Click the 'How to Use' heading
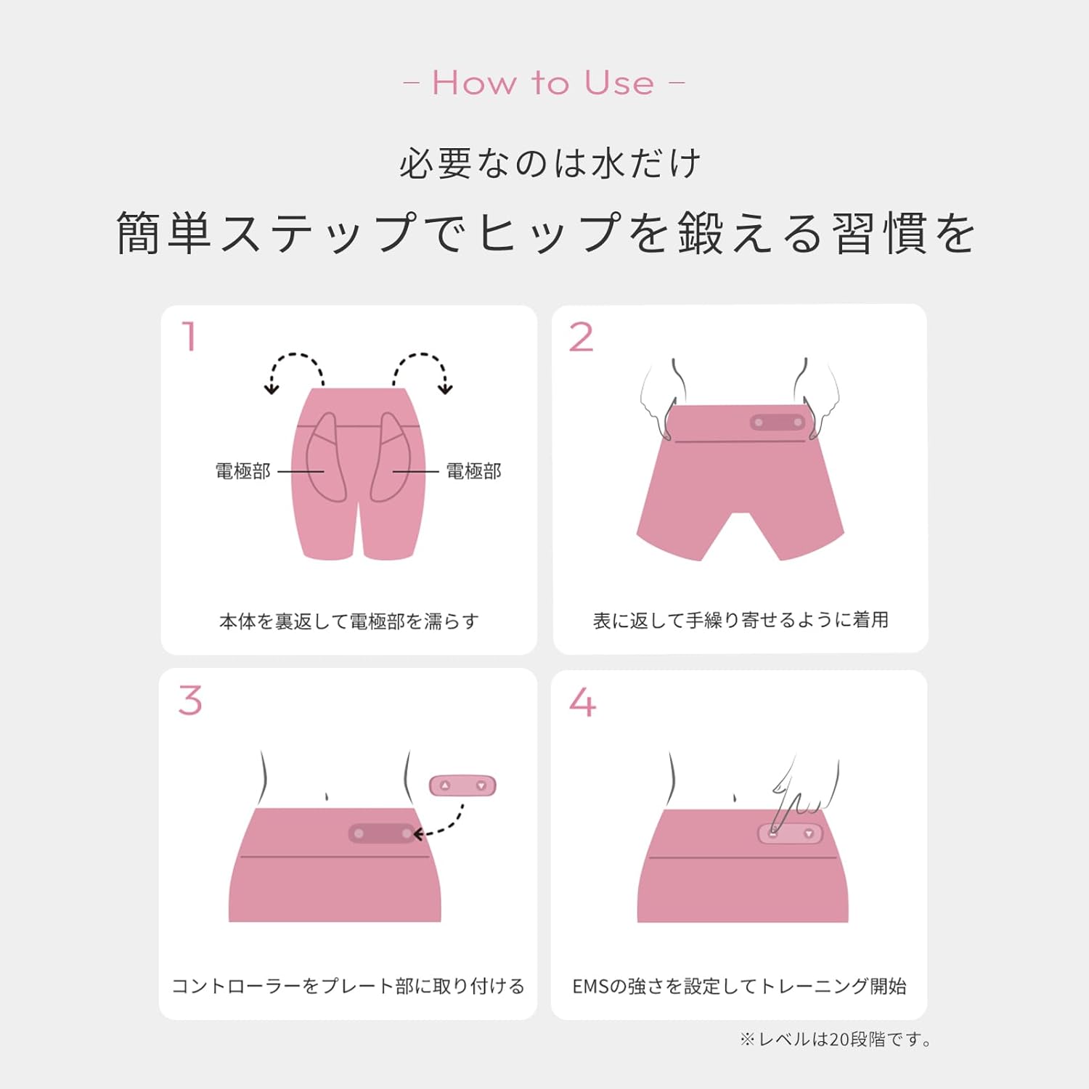coord(544,83)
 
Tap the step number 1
coord(189,337)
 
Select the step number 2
coord(581,338)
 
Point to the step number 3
coord(190,701)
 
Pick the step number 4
coord(582,702)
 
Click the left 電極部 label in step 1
coord(242,471)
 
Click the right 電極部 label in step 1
coord(473,471)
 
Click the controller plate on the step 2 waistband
coord(778,422)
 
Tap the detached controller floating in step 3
coord(462,786)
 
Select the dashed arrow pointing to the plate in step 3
coord(442,824)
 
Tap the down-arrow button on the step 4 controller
coord(808,833)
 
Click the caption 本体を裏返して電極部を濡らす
coord(348,621)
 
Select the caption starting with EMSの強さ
coord(739,986)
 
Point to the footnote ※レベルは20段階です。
coord(836,1040)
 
